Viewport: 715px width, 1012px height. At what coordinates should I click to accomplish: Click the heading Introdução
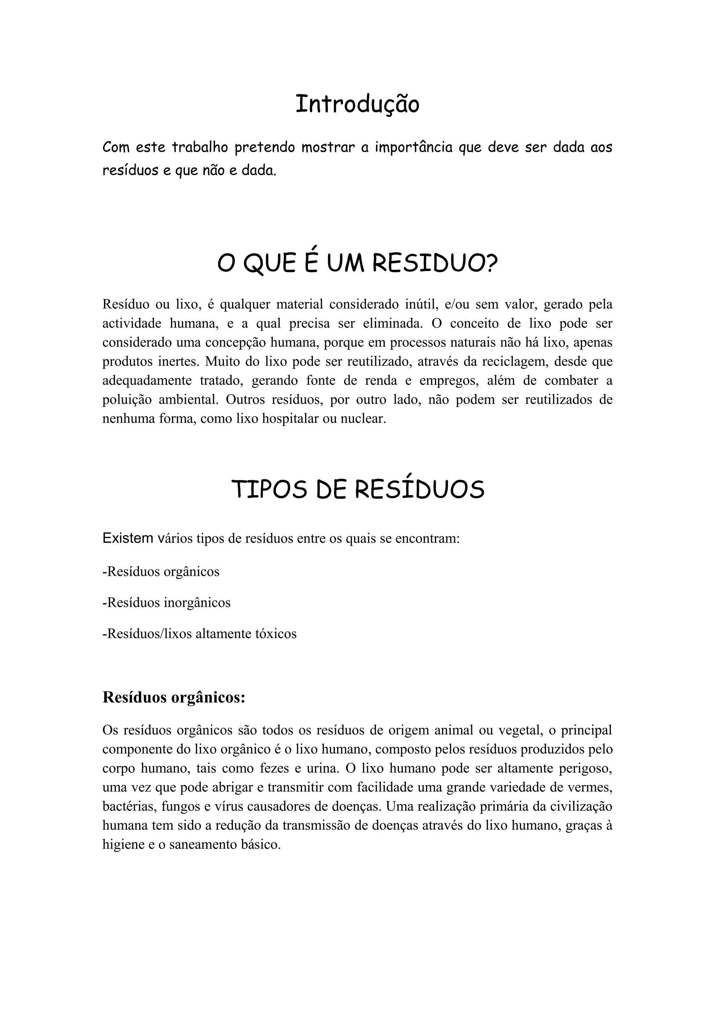click(357, 105)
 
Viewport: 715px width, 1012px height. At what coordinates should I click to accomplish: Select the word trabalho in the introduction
click(200, 147)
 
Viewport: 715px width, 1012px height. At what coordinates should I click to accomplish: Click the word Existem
click(128, 538)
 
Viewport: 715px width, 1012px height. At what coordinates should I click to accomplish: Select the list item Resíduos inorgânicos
click(167, 602)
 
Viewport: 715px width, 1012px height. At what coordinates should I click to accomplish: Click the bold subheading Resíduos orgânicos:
click(174, 698)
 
